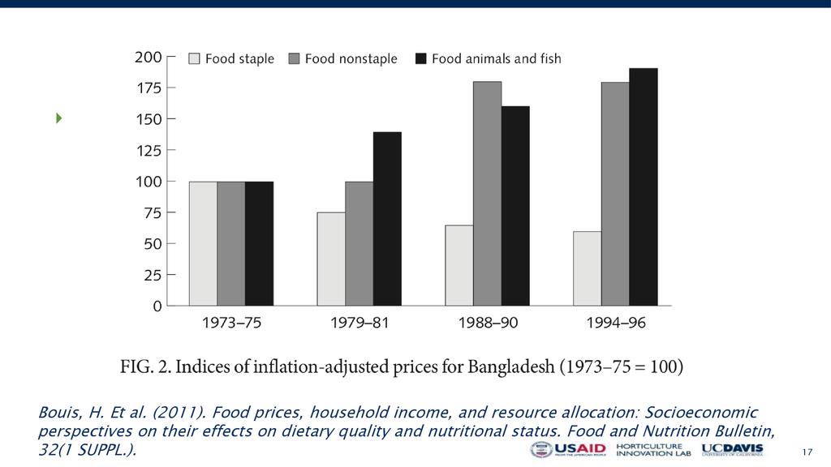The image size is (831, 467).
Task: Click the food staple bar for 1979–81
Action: (x=331, y=259)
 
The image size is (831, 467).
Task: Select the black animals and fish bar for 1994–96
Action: (x=644, y=186)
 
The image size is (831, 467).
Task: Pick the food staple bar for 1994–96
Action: (x=587, y=268)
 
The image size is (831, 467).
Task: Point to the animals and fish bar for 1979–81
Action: (x=387, y=218)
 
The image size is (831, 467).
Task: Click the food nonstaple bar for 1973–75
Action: (x=230, y=243)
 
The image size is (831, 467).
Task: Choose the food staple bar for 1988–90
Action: (x=459, y=265)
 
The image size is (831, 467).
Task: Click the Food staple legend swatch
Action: (x=194, y=58)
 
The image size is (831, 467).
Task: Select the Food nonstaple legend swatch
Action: (x=294, y=58)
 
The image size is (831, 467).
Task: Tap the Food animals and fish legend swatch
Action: (x=420, y=58)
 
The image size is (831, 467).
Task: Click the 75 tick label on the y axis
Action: (x=153, y=212)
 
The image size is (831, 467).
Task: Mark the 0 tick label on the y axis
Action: (x=157, y=306)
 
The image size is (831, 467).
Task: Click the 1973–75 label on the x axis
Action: (x=231, y=323)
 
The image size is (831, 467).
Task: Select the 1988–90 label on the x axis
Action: (x=488, y=323)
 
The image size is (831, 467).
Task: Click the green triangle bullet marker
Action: (x=58, y=118)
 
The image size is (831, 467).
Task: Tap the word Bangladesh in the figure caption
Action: (x=510, y=366)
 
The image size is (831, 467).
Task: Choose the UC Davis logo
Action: (x=732, y=450)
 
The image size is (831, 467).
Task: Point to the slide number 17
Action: (x=807, y=452)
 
